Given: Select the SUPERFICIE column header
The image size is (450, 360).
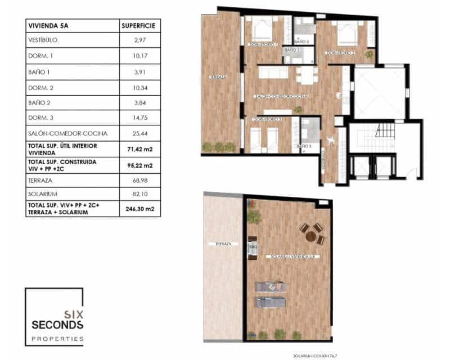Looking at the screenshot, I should (139, 25).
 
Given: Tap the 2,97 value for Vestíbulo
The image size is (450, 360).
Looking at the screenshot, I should (140, 40).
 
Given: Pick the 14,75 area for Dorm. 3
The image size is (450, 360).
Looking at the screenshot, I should (140, 118).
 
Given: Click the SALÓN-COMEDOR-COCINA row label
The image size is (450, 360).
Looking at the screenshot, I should (67, 134).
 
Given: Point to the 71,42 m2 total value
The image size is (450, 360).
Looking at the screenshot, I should (140, 149).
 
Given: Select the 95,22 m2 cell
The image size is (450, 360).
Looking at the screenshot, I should (140, 165).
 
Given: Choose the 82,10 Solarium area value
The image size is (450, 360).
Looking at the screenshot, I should (140, 193).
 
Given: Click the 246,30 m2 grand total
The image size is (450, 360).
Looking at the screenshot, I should (140, 209).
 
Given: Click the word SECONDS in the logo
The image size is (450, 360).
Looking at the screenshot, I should (57, 325).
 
